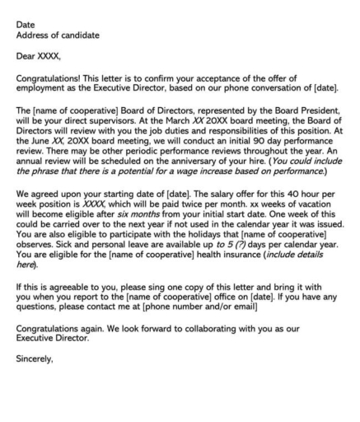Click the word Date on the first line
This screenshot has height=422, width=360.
(25, 25)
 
